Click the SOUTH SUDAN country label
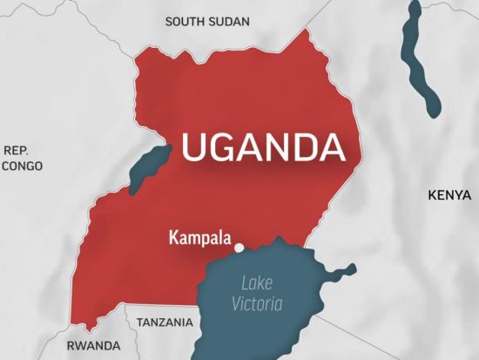click(207, 21)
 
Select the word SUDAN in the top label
click(229, 21)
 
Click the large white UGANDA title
click(263, 147)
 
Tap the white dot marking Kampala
click(239, 248)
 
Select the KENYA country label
click(449, 197)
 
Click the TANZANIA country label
click(165, 323)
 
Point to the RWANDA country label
click(93, 346)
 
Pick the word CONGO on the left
click(22, 166)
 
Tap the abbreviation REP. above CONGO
click(17, 149)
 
